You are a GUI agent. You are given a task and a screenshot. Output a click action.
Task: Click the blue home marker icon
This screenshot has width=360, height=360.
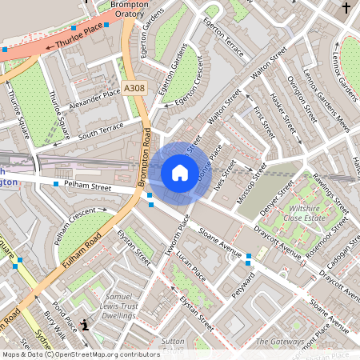click(x=180, y=173)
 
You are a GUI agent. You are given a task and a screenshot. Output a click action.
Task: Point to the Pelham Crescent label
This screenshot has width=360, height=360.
click(x=74, y=226)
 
